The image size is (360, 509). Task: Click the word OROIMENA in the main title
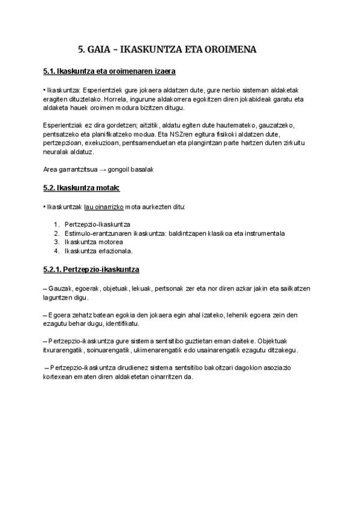pyautogui.click(x=231, y=50)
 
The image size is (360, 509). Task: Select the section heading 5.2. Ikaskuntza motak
pyautogui.click(x=82, y=188)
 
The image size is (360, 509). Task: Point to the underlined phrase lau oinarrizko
pyautogui.click(x=100, y=206)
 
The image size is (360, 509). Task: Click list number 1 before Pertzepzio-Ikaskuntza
pyautogui.click(x=56, y=223)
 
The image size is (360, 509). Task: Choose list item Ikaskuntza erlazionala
pyautogui.click(x=98, y=251)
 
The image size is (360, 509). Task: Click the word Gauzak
pyautogui.click(x=60, y=288)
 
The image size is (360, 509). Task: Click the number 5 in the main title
pyautogui.click(x=82, y=50)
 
